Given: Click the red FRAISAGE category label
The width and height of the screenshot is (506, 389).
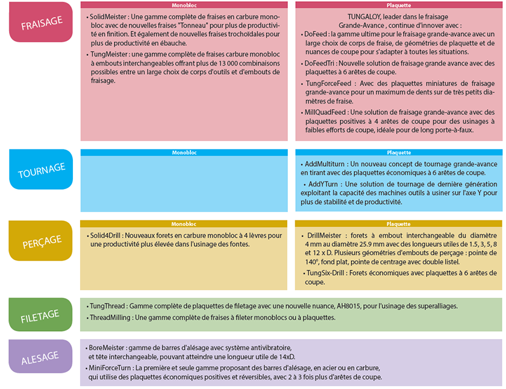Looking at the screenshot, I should coord(41,22).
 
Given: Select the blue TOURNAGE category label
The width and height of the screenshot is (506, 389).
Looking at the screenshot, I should coord(41,170).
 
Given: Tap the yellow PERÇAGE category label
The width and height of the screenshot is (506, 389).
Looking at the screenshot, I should coord(41,240).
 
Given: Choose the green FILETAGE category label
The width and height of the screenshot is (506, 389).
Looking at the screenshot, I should coord(41,314).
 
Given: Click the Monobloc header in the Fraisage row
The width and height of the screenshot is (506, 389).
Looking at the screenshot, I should coord(184,5).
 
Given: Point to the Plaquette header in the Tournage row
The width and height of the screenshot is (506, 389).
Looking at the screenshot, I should coord(399,153).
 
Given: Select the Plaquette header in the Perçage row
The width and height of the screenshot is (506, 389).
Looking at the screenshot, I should coord(399,224).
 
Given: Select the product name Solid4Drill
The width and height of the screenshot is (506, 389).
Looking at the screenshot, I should coord(106,235).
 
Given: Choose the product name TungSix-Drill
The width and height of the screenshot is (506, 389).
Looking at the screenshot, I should coord(326,273).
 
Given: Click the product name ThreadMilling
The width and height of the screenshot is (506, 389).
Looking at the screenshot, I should coord(111,317).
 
